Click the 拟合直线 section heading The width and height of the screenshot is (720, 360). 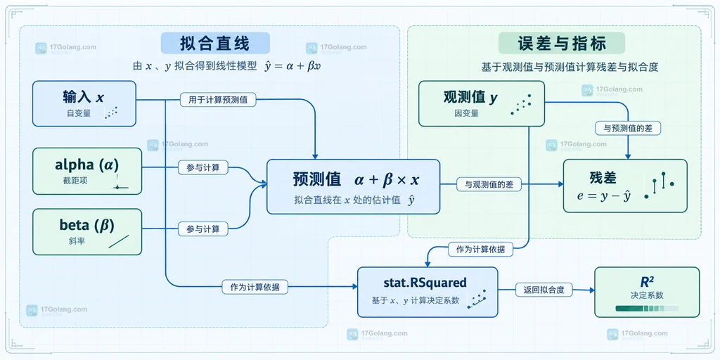click(215, 44)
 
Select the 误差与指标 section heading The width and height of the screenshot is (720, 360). click(562, 44)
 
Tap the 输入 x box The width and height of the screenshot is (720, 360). click(84, 103)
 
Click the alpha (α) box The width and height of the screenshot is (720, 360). click(87, 172)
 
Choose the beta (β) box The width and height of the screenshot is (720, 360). click(87, 232)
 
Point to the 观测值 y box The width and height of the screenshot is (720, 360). click(481, 103)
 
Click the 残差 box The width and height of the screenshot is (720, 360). click(625, 186)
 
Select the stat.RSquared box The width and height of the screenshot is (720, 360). click(427, 292)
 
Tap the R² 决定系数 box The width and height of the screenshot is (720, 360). click(647, 292)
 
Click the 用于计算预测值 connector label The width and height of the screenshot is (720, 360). click(218, 100)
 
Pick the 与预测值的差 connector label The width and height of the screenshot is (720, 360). click(628, 128)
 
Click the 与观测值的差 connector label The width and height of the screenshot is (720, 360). click(489, 185)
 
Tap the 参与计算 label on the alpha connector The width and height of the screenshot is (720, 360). click(203, 168)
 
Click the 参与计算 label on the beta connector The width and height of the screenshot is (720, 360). click(203, 229)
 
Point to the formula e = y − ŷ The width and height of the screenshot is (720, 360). click(603, 196)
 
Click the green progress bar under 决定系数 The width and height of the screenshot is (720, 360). click(647, 309)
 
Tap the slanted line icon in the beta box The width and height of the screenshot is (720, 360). click(119, 242)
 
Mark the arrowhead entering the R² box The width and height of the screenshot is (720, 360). click(591, 290)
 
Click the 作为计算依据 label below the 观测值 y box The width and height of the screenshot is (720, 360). click(480, 250)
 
